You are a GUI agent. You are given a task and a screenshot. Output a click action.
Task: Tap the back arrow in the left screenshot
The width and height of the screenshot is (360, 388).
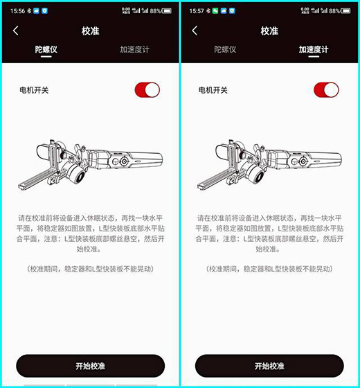point(15,30)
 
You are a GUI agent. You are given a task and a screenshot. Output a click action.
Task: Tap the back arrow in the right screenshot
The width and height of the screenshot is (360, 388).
point(195,30)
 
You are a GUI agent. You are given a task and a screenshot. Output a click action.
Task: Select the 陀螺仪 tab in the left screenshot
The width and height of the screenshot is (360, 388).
point(46,49)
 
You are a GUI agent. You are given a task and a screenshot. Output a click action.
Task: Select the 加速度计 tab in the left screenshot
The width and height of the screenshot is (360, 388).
point(134,49)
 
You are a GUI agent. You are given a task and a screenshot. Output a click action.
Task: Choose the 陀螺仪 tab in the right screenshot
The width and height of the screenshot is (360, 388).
point(225,49)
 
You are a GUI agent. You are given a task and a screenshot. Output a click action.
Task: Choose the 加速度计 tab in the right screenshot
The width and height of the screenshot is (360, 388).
point(314,49)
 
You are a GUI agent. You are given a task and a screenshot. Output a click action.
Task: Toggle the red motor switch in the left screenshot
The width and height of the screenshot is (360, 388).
point(147,90)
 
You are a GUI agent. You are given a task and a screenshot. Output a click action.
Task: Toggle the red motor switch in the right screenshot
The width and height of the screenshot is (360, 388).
point(326,90)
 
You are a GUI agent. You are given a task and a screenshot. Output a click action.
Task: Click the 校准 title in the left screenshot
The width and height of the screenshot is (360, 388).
point(90,31)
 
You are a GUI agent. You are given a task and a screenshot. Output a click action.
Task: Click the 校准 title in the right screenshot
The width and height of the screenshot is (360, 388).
point(269,31)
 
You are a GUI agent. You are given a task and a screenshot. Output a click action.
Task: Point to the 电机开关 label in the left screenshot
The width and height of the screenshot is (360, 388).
point(34,90)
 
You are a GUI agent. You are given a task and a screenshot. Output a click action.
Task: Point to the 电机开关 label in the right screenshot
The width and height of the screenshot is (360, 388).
point(213,90)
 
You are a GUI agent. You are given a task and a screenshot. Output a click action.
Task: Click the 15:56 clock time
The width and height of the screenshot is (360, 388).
point(17,11)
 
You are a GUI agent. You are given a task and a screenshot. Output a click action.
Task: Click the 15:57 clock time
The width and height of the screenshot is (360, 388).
point(197,11)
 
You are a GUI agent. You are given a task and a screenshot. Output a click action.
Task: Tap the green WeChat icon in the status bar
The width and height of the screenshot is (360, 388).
point(215,11)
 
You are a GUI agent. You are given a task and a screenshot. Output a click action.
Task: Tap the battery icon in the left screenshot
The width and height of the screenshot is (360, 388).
point(167,11)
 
